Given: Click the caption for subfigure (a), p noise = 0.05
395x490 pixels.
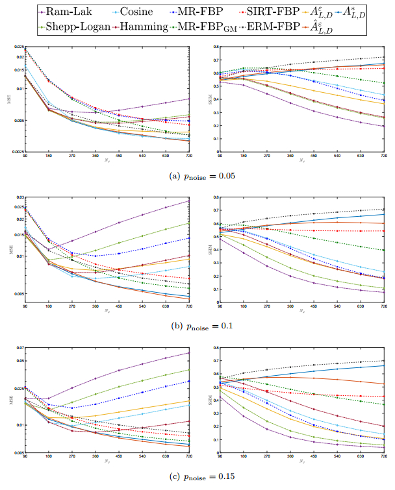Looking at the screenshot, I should pyautogui.click(x=197, y=175).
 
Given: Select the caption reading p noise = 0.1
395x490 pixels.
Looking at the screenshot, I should pyautogui.click(x=197, y=327).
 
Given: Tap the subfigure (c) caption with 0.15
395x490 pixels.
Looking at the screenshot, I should pyautogui.click(x=197, y=477).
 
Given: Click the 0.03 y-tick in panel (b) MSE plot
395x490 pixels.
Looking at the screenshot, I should pyautogui.click(x=19, y=197).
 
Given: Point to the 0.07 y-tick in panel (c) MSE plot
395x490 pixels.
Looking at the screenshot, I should pyautogui.click(x=19, y=349).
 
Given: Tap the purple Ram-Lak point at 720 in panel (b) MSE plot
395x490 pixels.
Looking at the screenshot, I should pyautogui.click(x=190, y=200).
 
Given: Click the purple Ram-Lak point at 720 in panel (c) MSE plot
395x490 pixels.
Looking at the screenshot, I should pyautogui.click(x=190, y=353).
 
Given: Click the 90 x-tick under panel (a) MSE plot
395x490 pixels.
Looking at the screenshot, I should pyautogui.click(x=25, y=156).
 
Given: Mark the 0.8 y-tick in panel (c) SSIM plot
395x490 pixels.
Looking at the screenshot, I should pyautogui.click(x=214, y=349).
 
